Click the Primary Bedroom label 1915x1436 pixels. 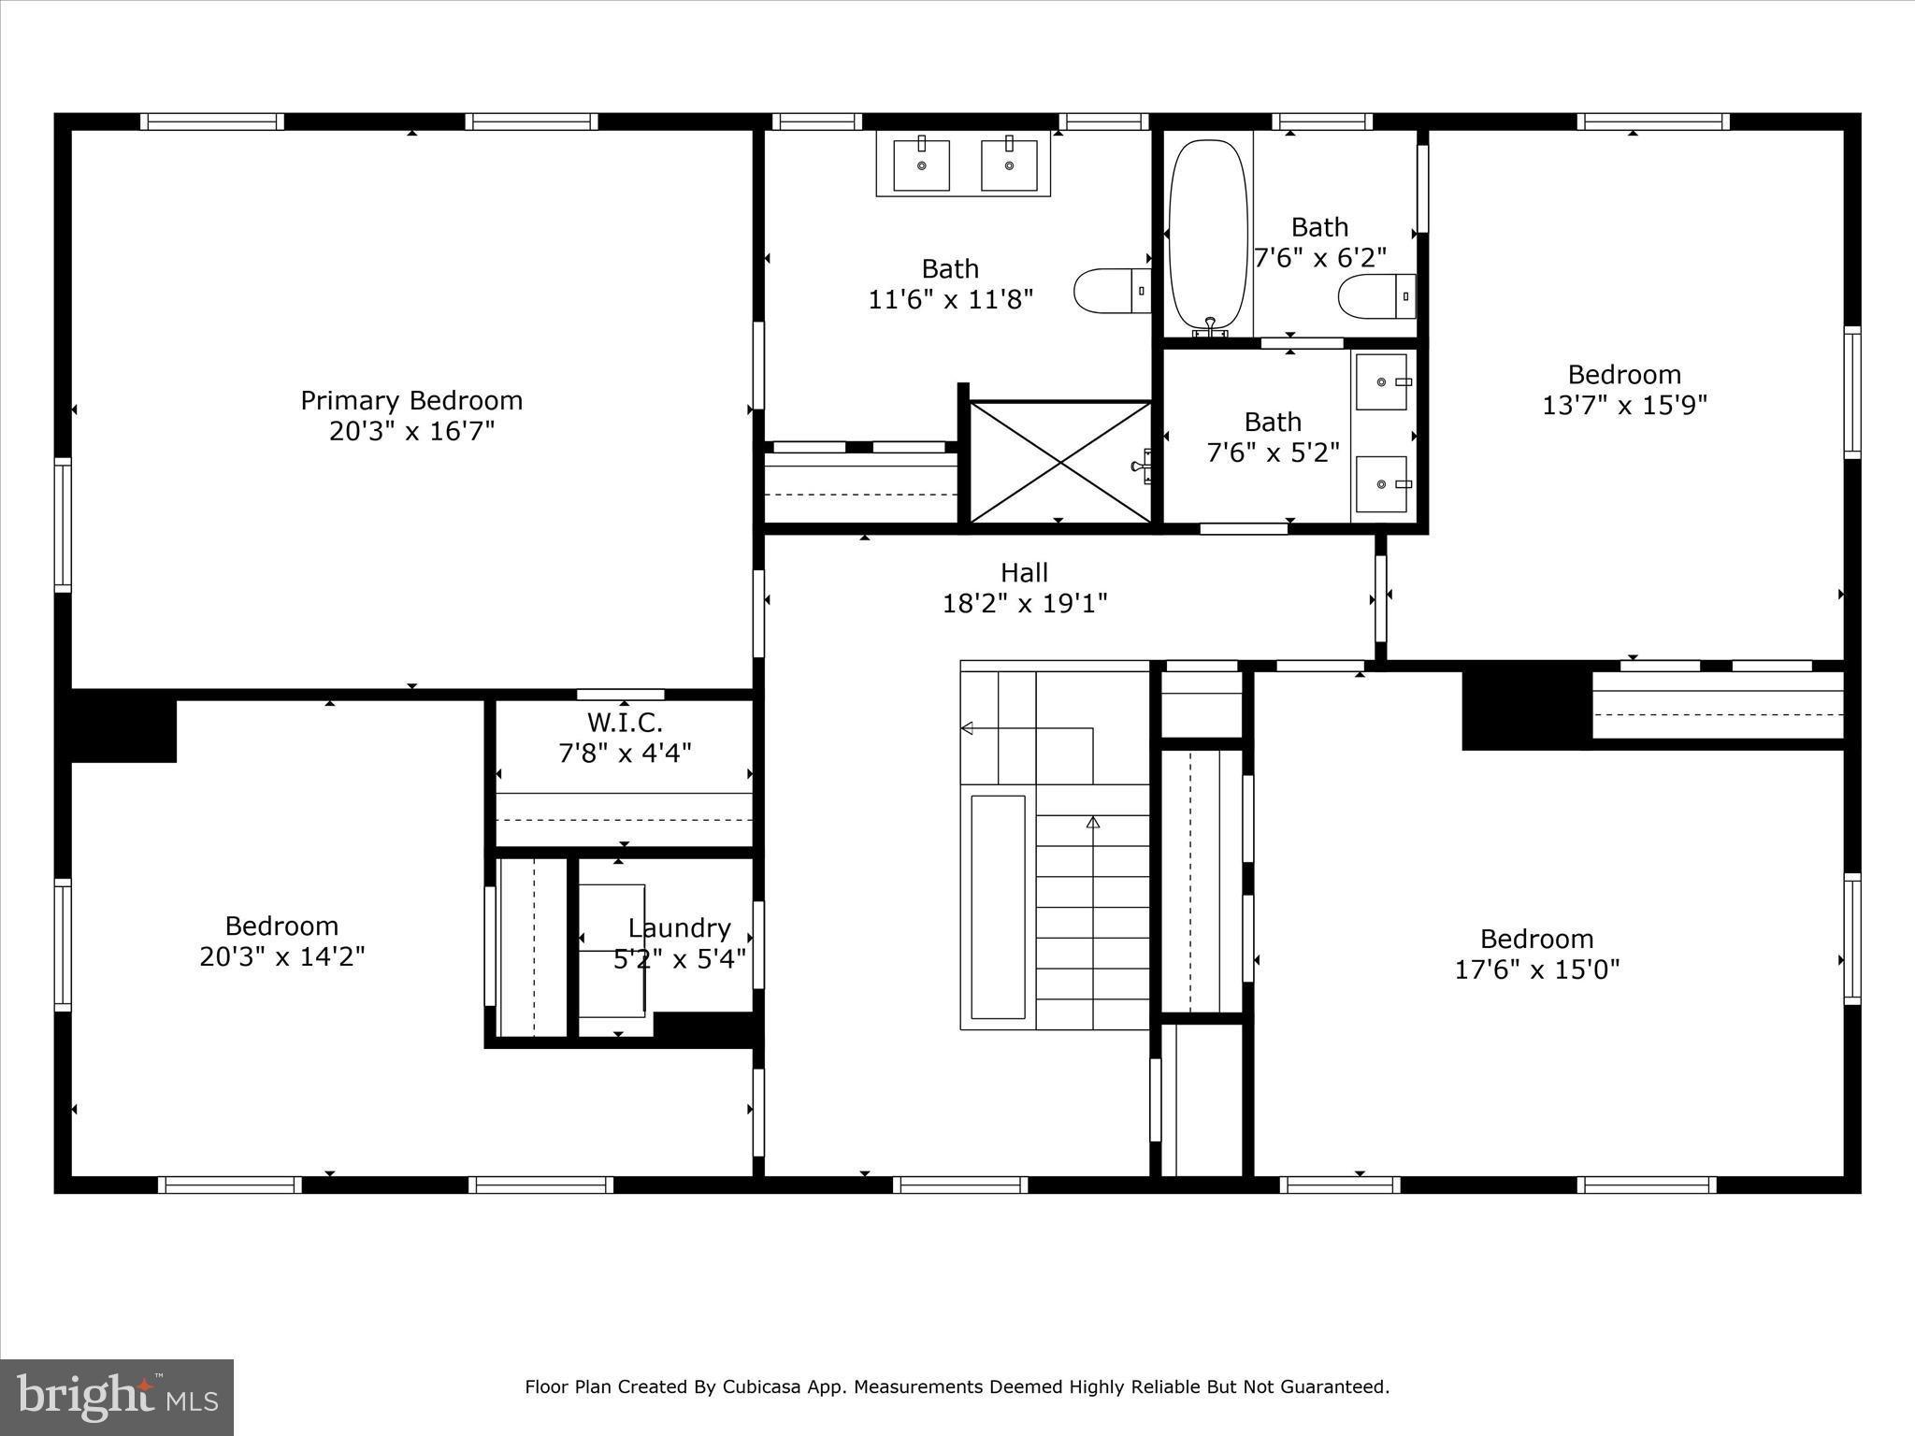tap(410, 400)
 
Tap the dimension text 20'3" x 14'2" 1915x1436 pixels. tap(281, 956)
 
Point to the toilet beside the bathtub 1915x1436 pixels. tap(1376, 296)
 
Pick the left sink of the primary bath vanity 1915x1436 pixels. tap(921, 165)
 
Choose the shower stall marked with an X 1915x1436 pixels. tap(1059, 462)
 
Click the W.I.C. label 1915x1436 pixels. tap(625, 722)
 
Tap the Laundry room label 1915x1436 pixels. tap(679, 927)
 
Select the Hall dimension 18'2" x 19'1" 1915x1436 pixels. tap(1024, 603)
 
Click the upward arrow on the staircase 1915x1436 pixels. tap(1092, 823)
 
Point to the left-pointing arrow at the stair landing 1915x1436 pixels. tap(968, 728)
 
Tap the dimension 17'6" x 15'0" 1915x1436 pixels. tap(1536, 969)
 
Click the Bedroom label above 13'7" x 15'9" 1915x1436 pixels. tap(1624, 374)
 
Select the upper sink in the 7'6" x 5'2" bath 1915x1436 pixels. tap(1381, 381)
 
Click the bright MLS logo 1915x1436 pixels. tap(117, 1397)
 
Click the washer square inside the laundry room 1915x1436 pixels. tap(612, 950)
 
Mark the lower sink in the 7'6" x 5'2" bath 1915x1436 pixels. tap(1381, 483)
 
